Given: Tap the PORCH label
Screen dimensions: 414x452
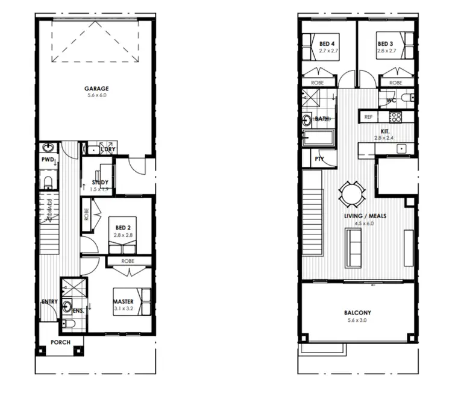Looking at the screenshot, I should pyautogui.click(x=60, y=342).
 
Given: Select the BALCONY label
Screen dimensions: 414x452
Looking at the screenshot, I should pyautogui.click(x=357, y=313).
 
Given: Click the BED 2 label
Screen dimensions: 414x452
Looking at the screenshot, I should pyautogui.click(x=124, y=228).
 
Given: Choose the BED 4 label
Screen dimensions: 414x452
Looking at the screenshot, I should pyautogui.click(x=327, y=44).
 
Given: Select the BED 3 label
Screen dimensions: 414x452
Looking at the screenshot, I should pyautogui.click(x=386, y=44).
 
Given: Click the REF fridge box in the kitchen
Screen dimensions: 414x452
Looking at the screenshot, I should pyautogui.click(x=369, y=117).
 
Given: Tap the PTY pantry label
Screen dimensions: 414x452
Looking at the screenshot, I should pyautogui.click(x=319, y=159).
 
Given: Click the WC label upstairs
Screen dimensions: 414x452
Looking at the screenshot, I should pyautogui.click(x=391, y=100).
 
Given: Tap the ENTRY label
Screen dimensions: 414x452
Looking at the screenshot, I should pyautogui.click(x=49, y=301).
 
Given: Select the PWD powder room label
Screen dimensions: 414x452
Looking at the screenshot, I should pyautogui.click(x=48, y=160).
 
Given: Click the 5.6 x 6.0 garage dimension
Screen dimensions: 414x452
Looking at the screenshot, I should pyautogui.click(x=96, y=95).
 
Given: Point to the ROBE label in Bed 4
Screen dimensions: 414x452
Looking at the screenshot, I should pyautogui.click(x=318, y=83).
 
